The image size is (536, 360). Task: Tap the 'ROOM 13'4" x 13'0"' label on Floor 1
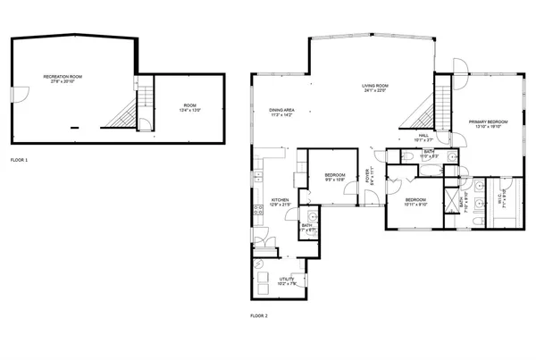[x=185, y=107]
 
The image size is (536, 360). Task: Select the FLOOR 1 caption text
[x=19, y=160]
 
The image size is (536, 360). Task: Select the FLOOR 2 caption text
[x=258, y=315]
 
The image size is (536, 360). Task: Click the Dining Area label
[x=281, y=113]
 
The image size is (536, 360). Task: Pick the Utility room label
[x=288, y=281]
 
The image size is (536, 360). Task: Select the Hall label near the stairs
[x=423, y=138]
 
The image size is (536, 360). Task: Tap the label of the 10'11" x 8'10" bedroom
[x=415, y=202]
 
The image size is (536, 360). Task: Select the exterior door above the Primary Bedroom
[x=458, y=68]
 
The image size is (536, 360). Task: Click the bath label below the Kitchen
[x=306, y=228]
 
